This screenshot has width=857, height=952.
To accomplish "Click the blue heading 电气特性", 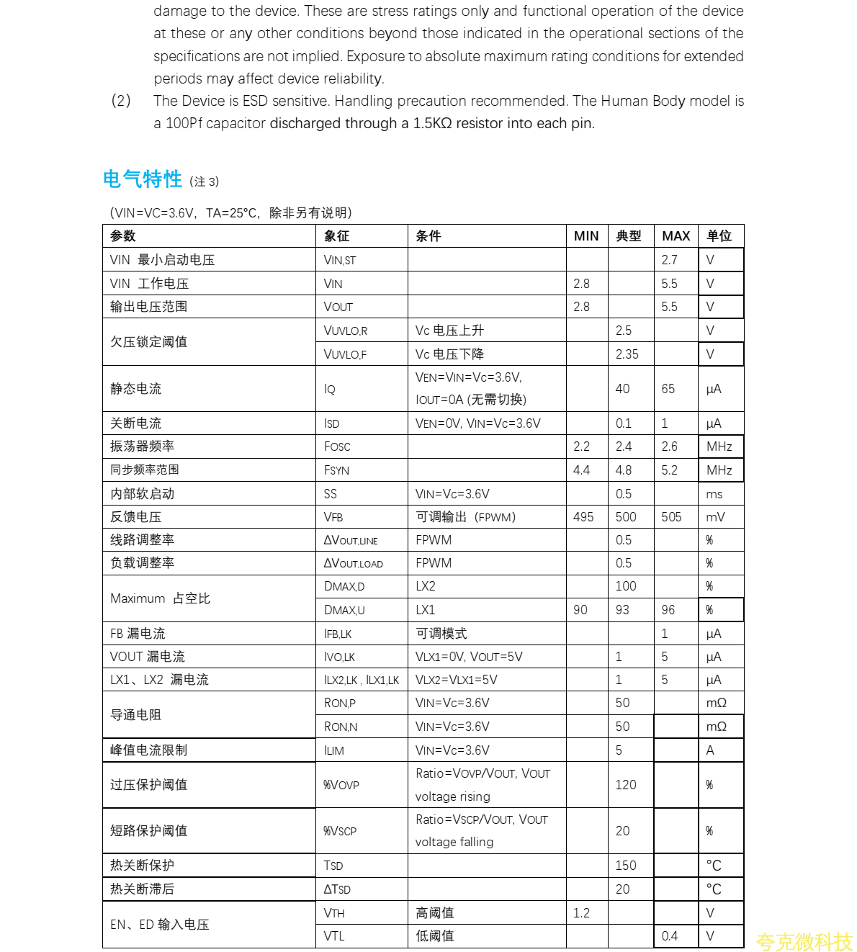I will (x=142, y=179).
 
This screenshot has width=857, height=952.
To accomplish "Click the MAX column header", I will (x=676, y=236).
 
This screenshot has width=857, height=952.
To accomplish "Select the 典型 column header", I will (x=628, y=236).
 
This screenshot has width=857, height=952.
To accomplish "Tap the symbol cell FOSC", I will (x=337, y=446).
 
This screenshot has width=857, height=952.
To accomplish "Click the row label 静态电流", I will (x=135, y=389).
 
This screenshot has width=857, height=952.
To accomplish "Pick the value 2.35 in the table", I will (x=627, y=354).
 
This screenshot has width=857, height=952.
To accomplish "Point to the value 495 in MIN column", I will (x=583, y=517).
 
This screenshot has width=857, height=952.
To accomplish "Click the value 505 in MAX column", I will (x=671, y=517).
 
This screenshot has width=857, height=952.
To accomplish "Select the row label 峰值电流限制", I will (x=148, y=750).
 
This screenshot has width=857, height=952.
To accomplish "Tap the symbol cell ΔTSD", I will (x=337, y=889).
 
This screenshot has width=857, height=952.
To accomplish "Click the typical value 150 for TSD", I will (x=625, y=866).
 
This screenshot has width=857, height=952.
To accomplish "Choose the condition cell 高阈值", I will (x=435, y=913).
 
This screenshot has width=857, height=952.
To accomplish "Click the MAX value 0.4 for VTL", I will (x=670, y=936).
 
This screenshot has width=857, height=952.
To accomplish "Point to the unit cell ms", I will (x=714, y=494).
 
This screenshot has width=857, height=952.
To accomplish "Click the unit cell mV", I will (x=715, y=517).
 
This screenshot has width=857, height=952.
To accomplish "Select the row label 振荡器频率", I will (x=142, y=446).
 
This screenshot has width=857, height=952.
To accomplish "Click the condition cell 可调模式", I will (x=441, y=634).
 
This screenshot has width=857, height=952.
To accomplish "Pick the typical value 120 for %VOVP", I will (x=625, y=785).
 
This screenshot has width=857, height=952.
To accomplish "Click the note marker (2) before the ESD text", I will (x=121, y=101).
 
